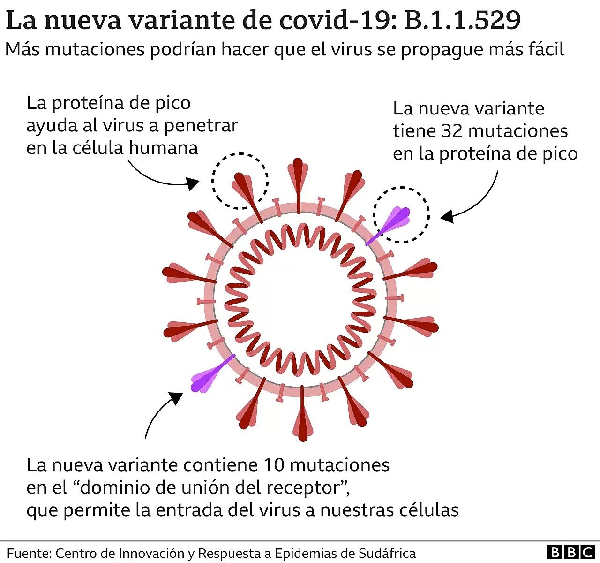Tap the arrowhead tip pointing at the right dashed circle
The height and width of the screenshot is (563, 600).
pyautogui.click(x=440, y=218)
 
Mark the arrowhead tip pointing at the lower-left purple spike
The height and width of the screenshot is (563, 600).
pyautogui.click(x=183, y=393)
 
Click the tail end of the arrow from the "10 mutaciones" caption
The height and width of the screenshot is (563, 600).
pyautogui.click(x=145, y=438)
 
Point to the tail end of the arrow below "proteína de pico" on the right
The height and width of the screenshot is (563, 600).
pyautogui.click(x=497, y=171)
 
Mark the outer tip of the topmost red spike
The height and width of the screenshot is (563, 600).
pyautogui.click(x=298, y=158)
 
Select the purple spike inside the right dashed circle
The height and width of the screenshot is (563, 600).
pyautogui.click(x=388, y=225)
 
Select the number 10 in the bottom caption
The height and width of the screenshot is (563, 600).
pyautogui.click(x=274, y=465)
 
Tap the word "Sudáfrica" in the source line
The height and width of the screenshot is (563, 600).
pyautogui.click(x=387, y=553)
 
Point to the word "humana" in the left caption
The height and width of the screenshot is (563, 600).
pyautogui.click(x=163, y=148)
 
